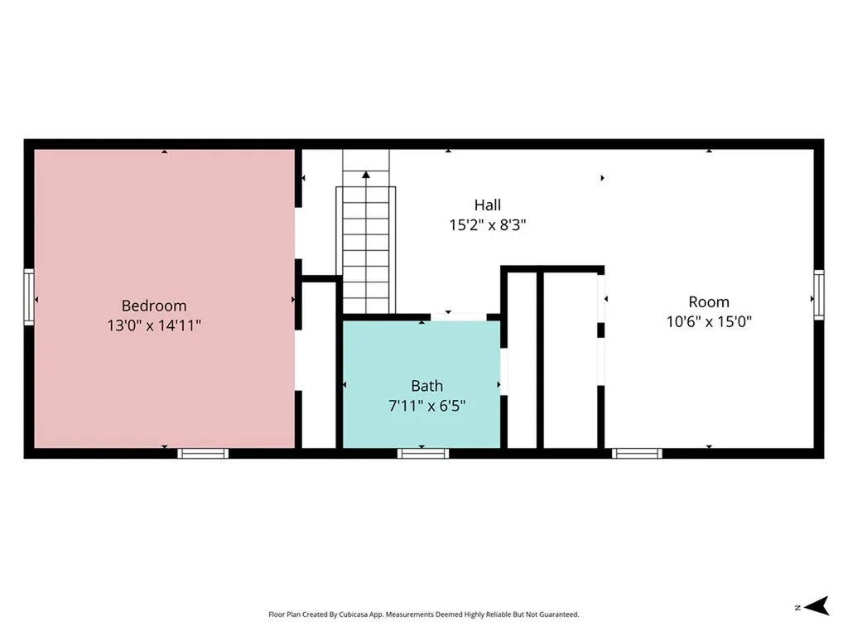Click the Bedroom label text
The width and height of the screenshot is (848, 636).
pos(154,306)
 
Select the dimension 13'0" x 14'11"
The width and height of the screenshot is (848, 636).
pos(154,325)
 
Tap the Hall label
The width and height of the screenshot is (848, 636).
pos(487,205)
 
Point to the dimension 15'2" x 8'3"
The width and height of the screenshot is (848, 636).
pos(487,225)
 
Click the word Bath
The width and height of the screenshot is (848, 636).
pos(426,386)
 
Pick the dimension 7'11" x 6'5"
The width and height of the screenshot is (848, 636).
pos(426,406)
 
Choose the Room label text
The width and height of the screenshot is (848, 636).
pos(709,301)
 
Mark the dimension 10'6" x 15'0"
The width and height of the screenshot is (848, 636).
pos(709,322)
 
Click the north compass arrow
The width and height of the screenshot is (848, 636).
pos(817,606)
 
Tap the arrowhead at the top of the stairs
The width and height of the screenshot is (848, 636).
pos(366,175)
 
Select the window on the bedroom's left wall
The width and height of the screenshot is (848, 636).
pos(29,297)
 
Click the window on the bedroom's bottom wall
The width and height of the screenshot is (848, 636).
pos(203,453)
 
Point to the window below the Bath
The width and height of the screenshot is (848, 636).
pos(423,453)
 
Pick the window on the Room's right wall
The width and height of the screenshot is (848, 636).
pos(819,295)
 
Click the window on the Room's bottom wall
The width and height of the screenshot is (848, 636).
pos(637,453)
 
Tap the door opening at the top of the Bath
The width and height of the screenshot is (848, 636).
pos(459,317)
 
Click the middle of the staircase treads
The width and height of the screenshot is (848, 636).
pos(366,250)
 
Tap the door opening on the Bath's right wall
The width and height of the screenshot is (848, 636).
pos(503,372)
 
